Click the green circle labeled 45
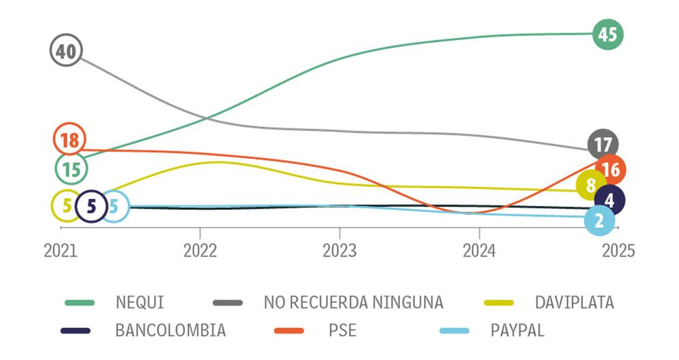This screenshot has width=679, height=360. point(607,34)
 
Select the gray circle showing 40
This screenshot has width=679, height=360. point(66,52)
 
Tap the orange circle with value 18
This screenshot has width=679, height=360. point(69,141)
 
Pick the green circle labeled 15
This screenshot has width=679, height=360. point(71,169)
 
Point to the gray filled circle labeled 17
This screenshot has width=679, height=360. point(602,144)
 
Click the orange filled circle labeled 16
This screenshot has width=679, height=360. point(610,170)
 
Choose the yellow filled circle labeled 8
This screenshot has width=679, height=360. point(589,185)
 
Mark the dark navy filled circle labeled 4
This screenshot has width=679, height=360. point(609,200)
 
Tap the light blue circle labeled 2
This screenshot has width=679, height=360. point(599,220)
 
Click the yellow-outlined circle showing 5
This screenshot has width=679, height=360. point(67,205)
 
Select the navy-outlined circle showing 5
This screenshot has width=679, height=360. point(91,206)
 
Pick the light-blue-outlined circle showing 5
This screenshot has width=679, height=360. point(113,205)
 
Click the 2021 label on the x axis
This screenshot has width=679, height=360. point(60,251)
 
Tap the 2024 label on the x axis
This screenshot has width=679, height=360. point(479,251)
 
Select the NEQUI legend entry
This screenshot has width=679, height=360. point(139,303)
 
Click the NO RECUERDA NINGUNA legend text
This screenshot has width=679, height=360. point(353,303)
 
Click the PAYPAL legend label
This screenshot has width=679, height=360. point(517,331)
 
